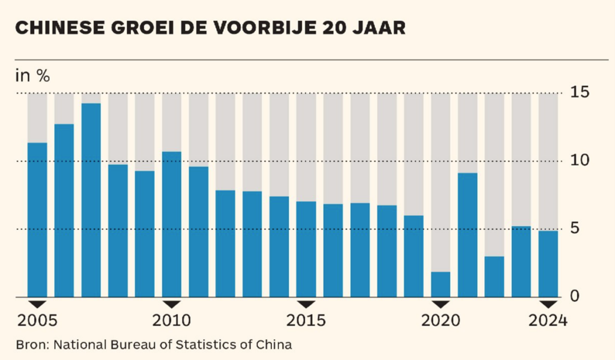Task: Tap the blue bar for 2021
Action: tap(468, 235)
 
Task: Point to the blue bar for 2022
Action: tap(494, 276)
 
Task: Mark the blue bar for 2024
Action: tap(548, 264)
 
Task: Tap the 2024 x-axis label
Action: tap(548, 321)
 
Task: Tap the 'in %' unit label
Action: tap(32, 76)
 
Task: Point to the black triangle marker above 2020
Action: tap(441, 304)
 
